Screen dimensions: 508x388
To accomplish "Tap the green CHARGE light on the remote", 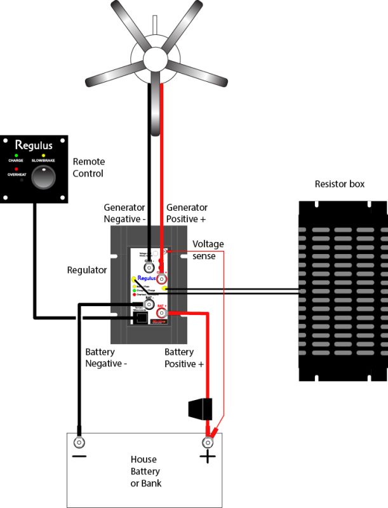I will [16, 155].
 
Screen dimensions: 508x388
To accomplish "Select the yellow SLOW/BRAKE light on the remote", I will [43, 155].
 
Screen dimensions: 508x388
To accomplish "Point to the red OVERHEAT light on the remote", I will [16, 170].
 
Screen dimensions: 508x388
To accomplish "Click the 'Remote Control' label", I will [88, 168].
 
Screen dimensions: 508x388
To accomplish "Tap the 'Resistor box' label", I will [340, 184].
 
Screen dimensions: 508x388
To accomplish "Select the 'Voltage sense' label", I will [208, 249].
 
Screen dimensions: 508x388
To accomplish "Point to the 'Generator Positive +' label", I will [187, 213].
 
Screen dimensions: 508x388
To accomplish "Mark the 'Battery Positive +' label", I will [184, 358].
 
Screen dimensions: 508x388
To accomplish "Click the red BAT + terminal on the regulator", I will [163, 313].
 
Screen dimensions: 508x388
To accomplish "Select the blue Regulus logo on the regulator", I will [147, 278].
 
